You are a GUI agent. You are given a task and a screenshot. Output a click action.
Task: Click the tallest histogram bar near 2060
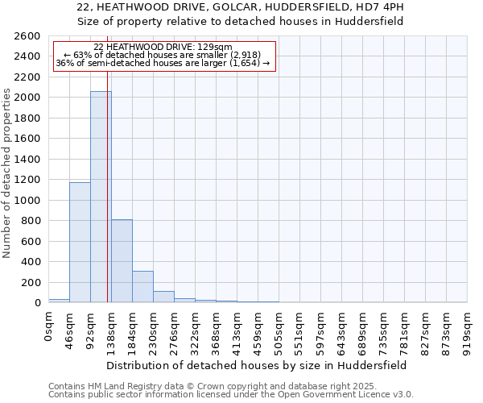pos(101,197)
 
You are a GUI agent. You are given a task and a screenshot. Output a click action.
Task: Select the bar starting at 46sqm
pos(80,242)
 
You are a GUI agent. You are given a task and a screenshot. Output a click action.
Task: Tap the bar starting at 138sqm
pos(122,260)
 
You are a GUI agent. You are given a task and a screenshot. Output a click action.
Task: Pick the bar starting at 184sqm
pos(142,286)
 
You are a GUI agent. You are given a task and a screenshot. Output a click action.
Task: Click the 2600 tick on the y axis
pos(27,36)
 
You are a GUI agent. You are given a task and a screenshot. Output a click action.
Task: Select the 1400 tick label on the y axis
pos(27,160)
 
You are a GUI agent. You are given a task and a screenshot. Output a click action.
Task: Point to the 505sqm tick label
pos(279,331)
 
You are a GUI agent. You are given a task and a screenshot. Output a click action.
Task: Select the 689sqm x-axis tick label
pos(362,331)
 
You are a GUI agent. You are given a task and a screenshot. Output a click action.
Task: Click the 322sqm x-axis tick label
pos(195,331)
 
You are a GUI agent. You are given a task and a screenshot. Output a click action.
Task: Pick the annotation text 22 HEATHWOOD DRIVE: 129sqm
pos(163,47)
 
